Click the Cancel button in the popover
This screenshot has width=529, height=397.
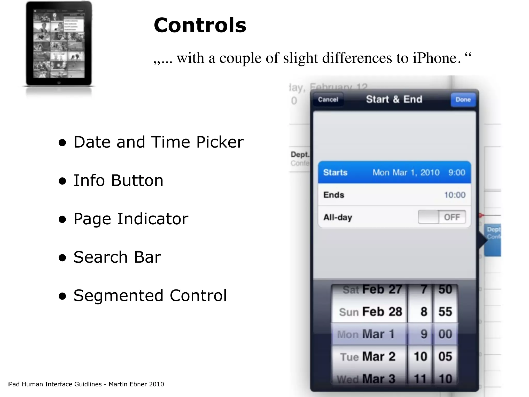(328, 100)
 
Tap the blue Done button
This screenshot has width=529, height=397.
(463, 100)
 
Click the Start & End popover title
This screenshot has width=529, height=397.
(394, 99)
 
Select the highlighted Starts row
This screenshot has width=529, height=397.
(394, 172)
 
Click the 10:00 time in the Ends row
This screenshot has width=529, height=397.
(455, 195)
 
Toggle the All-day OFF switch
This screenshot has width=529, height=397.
(442, 217)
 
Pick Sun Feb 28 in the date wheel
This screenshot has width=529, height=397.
(370, 312)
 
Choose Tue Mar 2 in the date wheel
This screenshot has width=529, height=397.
(368, 357)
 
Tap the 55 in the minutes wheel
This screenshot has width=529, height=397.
(445, 312)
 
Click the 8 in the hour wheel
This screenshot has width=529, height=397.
(424, 312)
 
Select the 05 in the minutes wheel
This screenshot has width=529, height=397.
(445, 357)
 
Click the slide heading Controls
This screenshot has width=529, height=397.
(200, 25)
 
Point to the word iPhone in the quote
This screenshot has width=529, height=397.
(437, 58)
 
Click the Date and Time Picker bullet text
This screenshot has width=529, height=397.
(158, 142)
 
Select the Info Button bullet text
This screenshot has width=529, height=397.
(118, 180)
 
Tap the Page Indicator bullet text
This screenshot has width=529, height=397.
(131, 219)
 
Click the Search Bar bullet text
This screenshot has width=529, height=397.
(117, 257)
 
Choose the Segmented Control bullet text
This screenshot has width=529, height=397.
(150, 295)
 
